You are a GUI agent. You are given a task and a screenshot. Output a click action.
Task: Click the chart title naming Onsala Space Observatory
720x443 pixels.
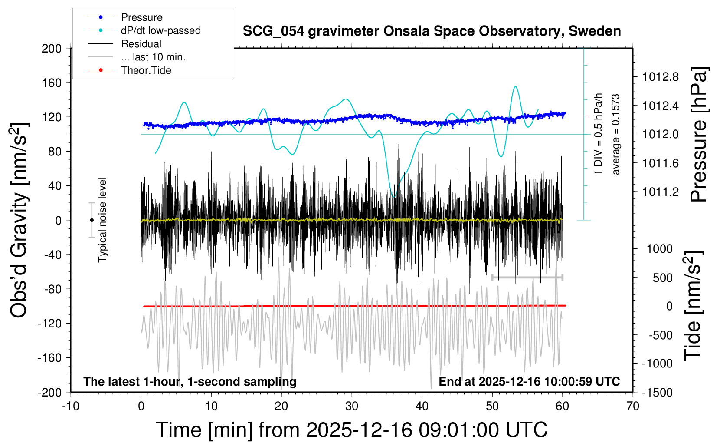click(x=432, y=31)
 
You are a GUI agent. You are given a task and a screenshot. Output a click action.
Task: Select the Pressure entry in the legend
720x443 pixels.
click(x=141, y=17)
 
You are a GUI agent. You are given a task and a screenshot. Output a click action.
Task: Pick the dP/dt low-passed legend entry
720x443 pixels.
click(x=160, y=30)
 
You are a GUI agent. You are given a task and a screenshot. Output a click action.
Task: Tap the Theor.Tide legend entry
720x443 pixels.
click(x=146, y=70)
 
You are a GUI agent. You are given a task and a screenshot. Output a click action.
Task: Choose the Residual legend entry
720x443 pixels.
click(x=141, y=44)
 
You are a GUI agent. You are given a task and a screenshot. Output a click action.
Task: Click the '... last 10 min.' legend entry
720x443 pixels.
click(x=153, y=57)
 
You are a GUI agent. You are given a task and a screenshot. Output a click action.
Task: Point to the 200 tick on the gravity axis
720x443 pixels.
click(x=52, y=48)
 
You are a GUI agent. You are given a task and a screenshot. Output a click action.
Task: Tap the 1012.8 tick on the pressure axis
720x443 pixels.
click(x=661, y=77)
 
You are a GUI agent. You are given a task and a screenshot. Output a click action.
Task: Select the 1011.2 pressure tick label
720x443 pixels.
click(x=661, y=192)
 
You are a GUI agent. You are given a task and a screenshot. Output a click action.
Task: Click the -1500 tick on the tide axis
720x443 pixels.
click(x=657, y=393)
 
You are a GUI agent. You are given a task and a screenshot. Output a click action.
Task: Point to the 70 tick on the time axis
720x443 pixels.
click(x=633, y=407)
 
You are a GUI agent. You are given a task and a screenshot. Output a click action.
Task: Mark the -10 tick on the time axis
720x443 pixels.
click(x=71, y=407)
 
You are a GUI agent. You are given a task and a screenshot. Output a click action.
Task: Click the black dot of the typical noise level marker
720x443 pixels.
click(x=92, y=220)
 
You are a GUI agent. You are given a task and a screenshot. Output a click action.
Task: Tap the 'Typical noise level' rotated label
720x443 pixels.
click(x=102, y=220)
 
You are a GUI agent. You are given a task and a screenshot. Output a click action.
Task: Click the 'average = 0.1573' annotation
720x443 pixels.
click(x=616, y=134)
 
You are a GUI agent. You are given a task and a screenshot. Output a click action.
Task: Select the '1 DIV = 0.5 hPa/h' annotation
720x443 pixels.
click(x=599, y=134)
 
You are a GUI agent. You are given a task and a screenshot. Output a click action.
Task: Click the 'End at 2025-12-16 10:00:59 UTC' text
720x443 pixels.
click(x=529, y=382)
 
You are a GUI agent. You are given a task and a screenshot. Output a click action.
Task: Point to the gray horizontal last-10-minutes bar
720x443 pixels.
click(x=527, y=277)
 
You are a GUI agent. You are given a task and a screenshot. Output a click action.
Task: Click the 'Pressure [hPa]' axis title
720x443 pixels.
click(x=699, y=134)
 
